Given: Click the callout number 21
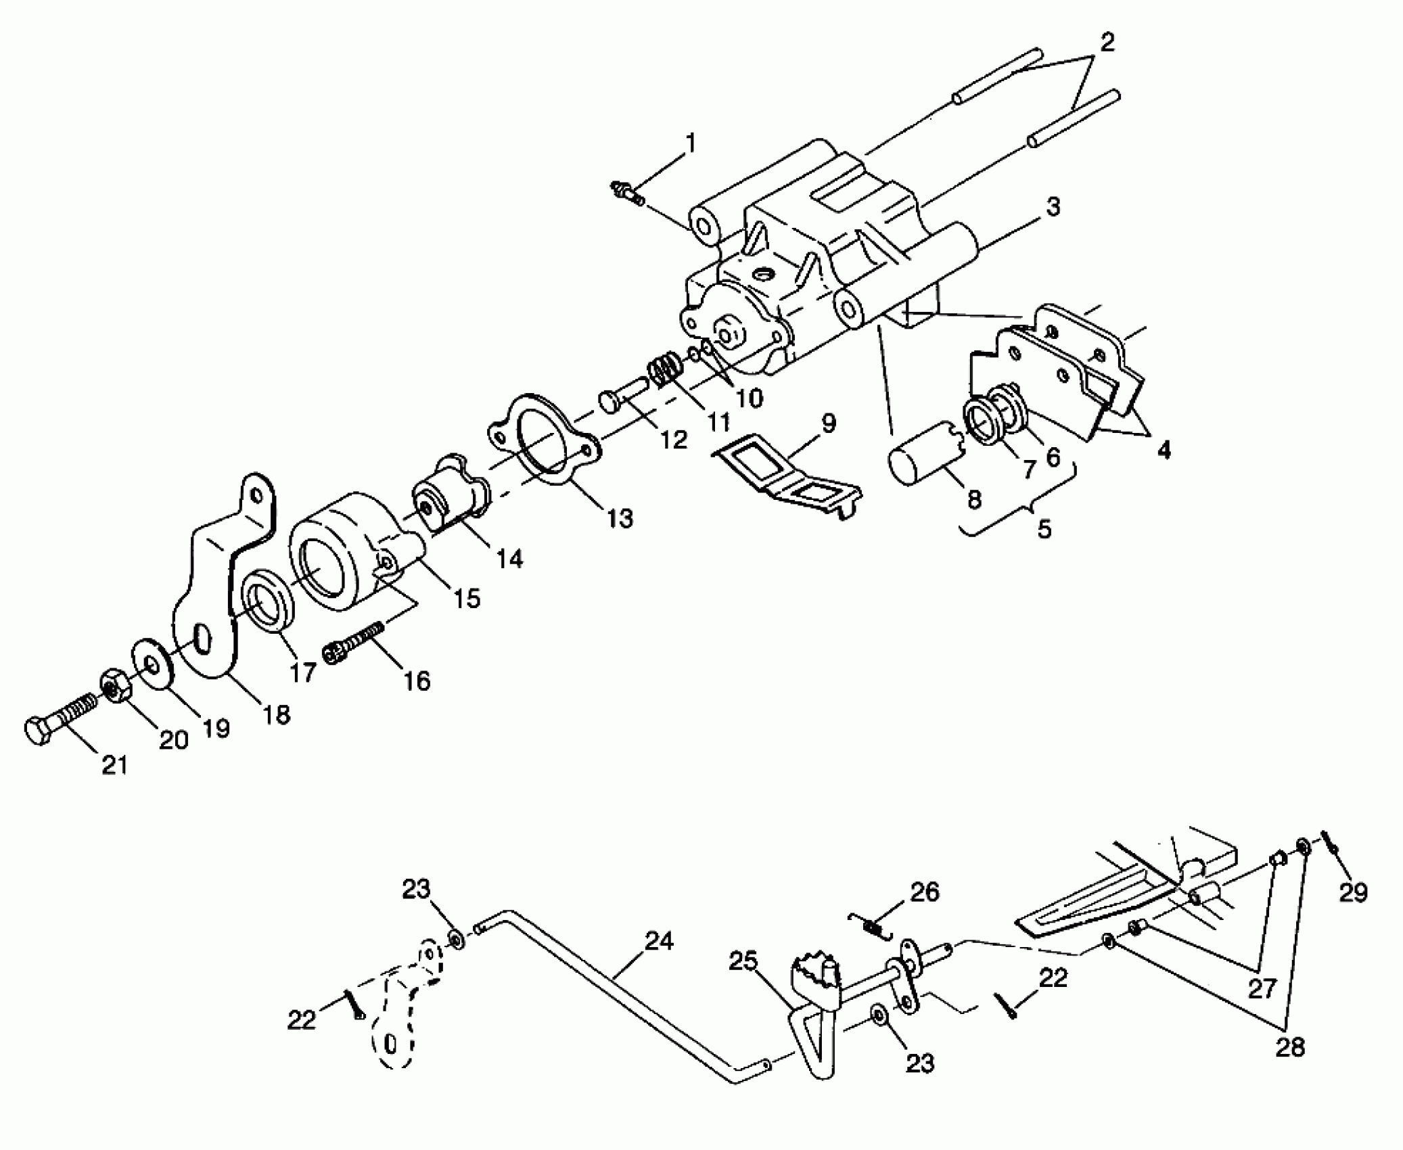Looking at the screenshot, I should point(114,765).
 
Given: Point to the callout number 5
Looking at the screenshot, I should point(1044,529).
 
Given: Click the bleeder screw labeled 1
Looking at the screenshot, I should point(626,193).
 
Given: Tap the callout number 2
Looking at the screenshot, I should point(1107,43).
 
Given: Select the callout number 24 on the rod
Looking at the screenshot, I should point(659,942).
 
